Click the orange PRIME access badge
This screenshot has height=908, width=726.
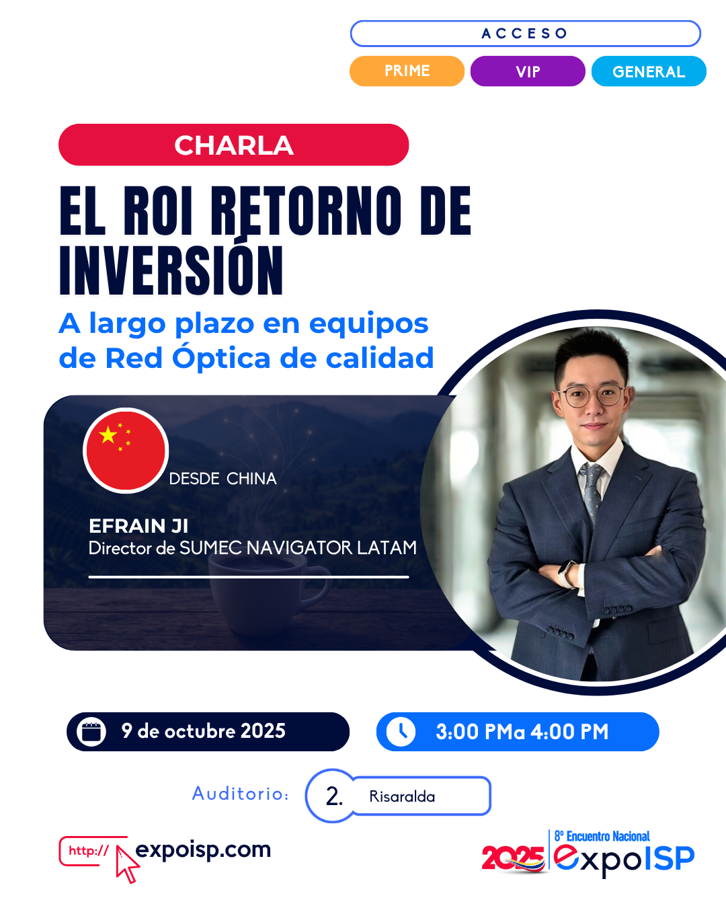point(407,71)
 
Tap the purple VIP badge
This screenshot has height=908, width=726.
point(528,71)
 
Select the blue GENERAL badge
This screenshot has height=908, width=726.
point(649,71)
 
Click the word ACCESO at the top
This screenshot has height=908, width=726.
point(525,34)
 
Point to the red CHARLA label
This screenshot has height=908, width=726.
point(234,145)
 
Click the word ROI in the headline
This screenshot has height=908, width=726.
point(158,211)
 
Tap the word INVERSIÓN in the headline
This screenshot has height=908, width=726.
point(171,270)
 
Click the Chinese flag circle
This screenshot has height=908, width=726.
point(126,450)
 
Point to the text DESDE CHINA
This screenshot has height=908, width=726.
point(223,478)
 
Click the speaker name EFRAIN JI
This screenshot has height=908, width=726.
point(138,526)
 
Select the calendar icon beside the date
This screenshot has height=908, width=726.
point(91,732)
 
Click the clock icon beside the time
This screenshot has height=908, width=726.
point(401,732)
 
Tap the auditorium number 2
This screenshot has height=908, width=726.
point(333,797)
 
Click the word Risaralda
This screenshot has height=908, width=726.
point(402,796)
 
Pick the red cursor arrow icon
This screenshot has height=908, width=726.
point(128,864)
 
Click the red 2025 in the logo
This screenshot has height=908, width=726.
point(514,858)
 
